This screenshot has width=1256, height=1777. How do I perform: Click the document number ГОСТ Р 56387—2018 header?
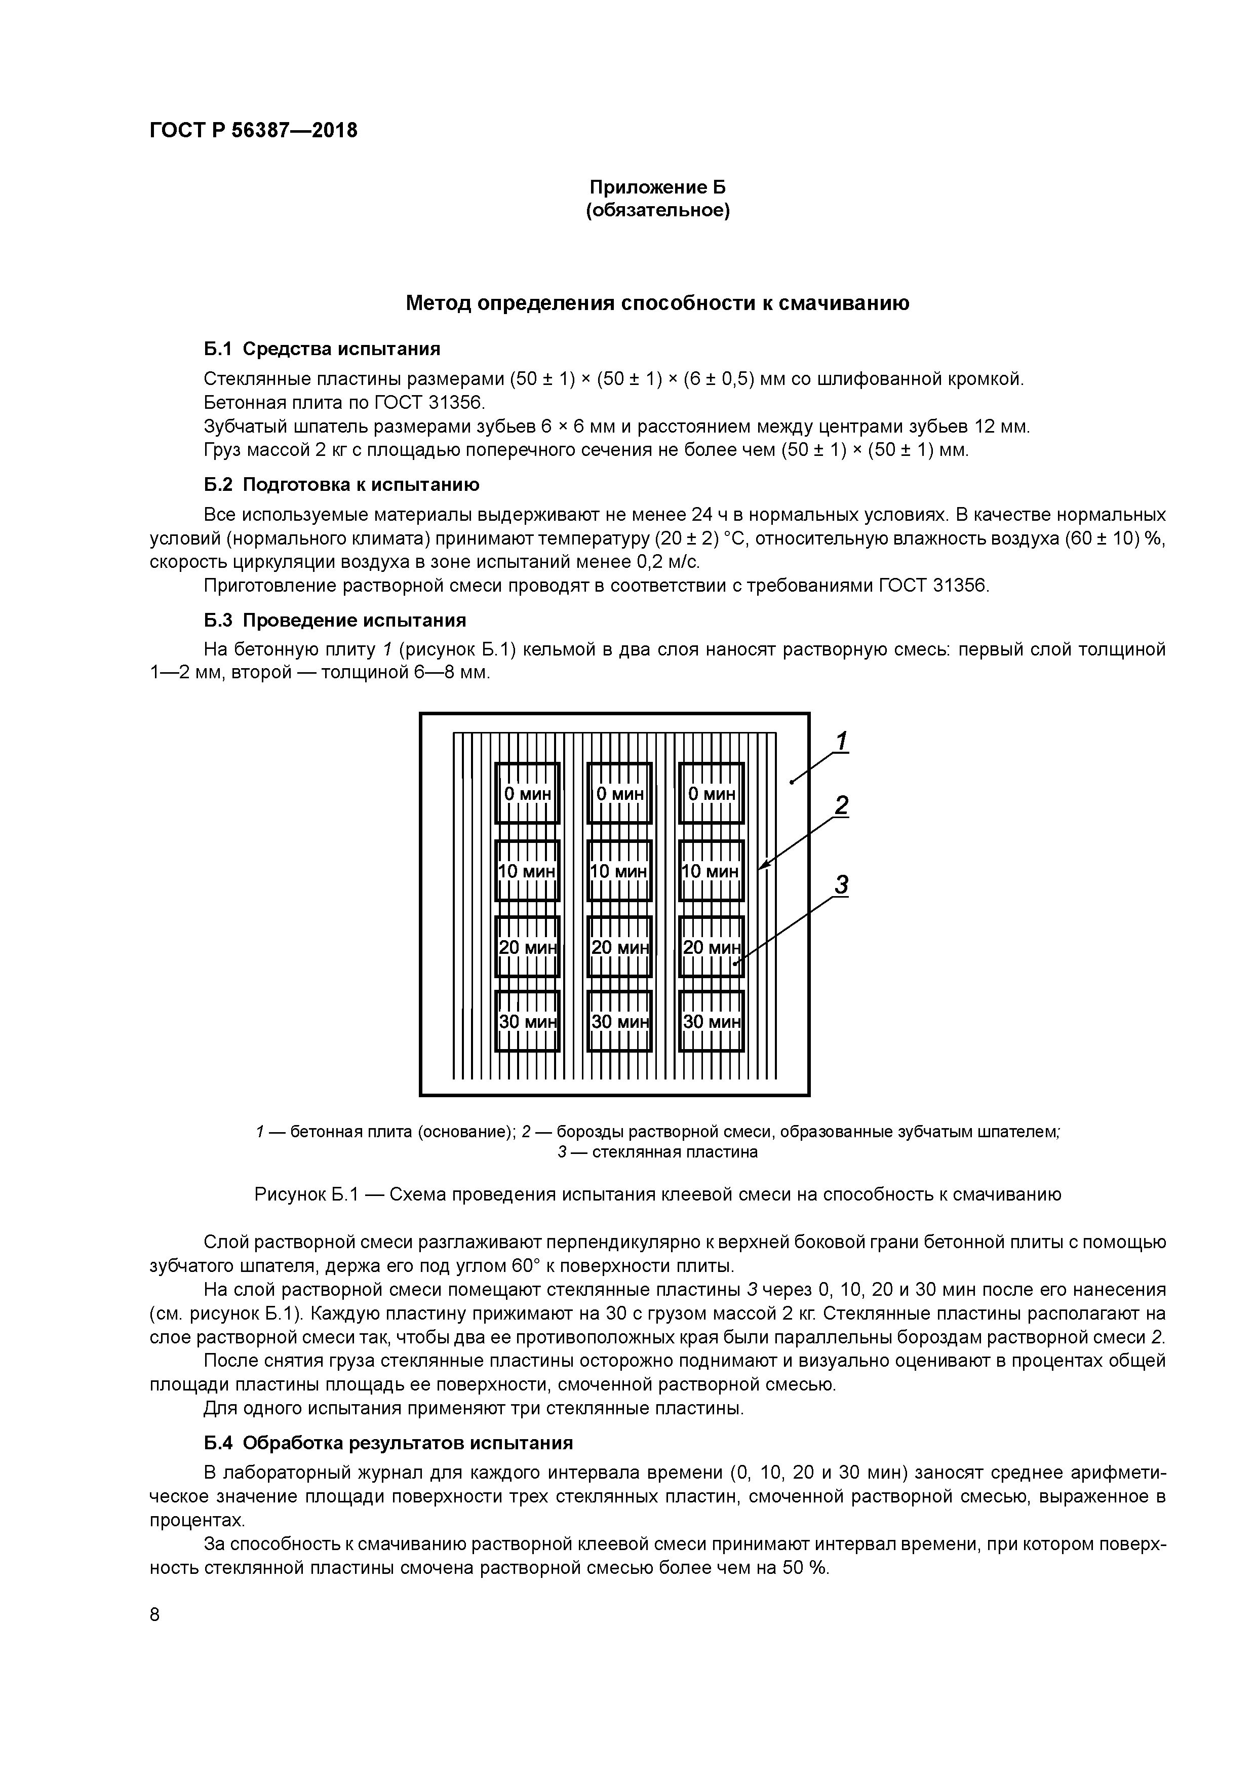pos(253,131)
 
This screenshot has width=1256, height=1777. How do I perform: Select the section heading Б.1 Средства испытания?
pos(322,349)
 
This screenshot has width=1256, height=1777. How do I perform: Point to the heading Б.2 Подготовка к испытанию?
pos(341,484)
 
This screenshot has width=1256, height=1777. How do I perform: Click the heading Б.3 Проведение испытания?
pos(335,620)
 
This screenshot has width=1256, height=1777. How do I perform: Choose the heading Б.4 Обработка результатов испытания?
pos(388,1443)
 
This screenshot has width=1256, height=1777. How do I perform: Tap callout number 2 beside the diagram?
pos(842,806)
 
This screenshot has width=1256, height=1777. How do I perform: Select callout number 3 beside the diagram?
pos(842,884)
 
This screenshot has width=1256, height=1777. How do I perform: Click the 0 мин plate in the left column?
pos(527,793)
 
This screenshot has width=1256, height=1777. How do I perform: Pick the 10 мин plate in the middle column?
pos(619,871)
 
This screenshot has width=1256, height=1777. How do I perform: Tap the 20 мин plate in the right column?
pos(711,947)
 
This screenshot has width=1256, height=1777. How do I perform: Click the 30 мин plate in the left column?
pos(527,1022)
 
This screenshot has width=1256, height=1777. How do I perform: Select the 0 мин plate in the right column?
pos(711,793)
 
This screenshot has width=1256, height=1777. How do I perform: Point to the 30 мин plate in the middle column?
pos(619,1022)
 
